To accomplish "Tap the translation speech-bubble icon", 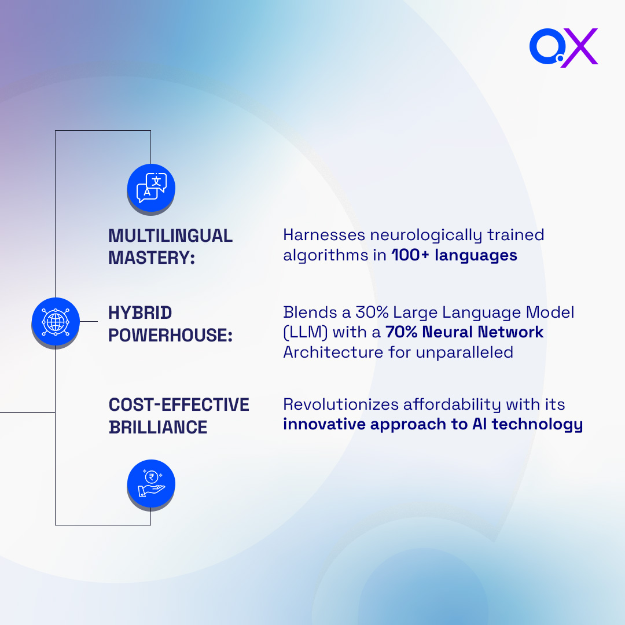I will pos(151,188).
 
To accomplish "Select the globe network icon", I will pos(55,321).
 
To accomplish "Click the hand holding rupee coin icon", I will pos(151,484).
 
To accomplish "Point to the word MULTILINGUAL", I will pos(170,236).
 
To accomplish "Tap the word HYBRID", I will pos(140,313).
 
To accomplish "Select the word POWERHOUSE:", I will pos(170,335).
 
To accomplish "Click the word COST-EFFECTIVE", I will pos(179,405).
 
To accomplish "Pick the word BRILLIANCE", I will pos(158,427).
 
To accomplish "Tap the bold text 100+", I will pos(411,255).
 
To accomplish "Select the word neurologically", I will pos(426,235).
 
